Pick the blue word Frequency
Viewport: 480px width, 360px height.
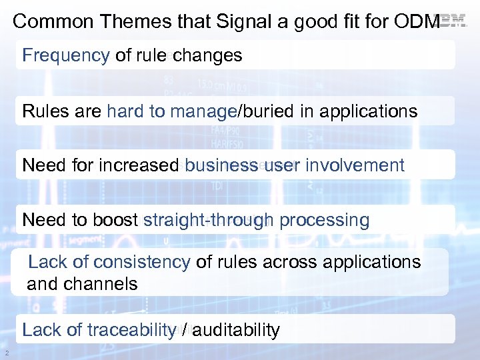point(65,55)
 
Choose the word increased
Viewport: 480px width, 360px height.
point(139,165)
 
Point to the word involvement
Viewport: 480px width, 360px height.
point(355,165)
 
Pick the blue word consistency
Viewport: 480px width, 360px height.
point(142,262)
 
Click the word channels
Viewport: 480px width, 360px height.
point(101,284)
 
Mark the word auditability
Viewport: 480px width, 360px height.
point(233,330)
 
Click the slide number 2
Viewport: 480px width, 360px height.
point(6,353)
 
